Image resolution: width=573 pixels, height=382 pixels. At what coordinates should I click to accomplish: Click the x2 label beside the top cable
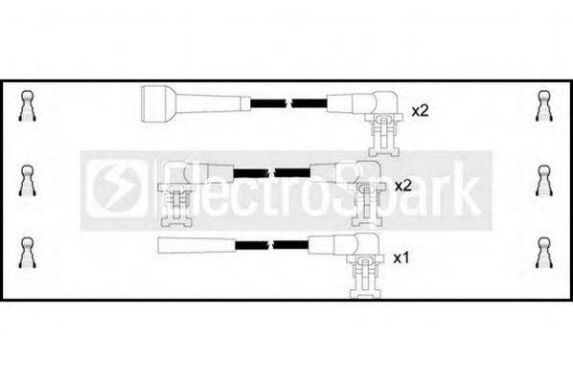click(419, 111)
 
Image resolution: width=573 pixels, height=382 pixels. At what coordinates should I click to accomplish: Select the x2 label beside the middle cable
click(402, 185)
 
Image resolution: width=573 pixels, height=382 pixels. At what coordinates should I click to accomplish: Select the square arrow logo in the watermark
click(113, 186)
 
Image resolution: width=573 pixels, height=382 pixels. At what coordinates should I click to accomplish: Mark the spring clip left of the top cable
click(29, 105)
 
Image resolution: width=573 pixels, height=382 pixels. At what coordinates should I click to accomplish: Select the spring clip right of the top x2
click(543, 105)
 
